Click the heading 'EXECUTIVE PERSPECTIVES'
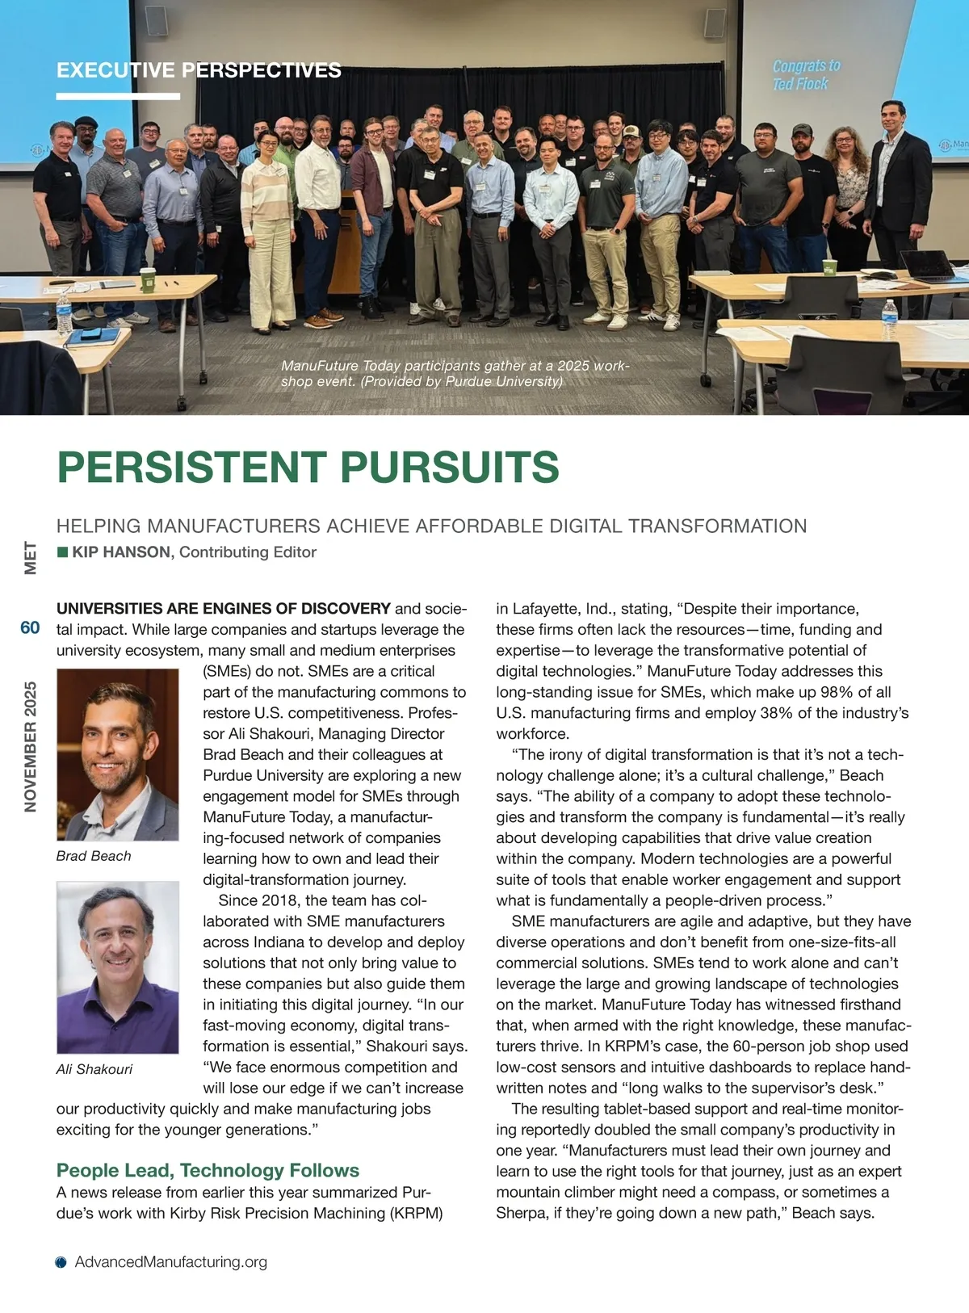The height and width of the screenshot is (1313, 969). pos(199,70)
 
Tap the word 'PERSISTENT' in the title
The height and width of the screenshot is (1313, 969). pos(191,467)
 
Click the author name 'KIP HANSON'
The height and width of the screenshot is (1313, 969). pos(121,552)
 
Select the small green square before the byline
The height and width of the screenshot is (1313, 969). pos(62,552)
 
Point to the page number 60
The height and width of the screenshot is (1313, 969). pos(30,628)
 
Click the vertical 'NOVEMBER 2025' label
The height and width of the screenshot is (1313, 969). pos(31,747)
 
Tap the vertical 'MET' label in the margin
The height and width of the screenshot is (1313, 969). pos(31,558)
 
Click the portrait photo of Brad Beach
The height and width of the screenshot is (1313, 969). pos(118,755)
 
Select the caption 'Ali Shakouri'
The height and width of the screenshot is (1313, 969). pos(94,1069)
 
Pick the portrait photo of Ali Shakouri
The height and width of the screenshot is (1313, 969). pos(118,967)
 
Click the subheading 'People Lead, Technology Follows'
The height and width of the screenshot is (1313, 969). pos(208,1170)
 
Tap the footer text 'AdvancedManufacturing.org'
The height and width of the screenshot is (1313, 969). pos(171,1262)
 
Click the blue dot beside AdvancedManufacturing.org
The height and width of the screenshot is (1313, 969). pos(61,1263)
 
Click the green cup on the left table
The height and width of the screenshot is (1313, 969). pos(147,279)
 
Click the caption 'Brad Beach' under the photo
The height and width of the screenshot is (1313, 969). pos(94,856)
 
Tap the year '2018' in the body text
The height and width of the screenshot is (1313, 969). pos(279,900)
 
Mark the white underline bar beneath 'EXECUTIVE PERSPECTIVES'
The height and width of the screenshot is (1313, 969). pos(118,96)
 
